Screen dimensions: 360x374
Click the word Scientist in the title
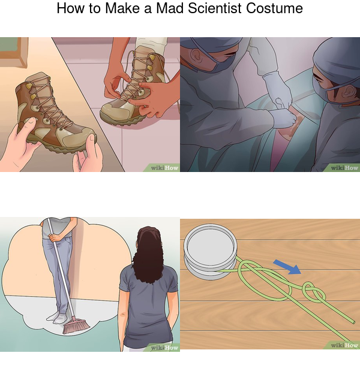coord(215,8)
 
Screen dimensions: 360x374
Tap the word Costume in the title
coord(274,8)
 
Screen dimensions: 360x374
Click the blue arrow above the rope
coord(287,267)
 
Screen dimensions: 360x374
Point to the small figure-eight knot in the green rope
coord(313,292)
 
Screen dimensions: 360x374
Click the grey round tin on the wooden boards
coord(211,251)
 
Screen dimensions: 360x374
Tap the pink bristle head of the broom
coord(76,325)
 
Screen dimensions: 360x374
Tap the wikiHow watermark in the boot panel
coord(164,168)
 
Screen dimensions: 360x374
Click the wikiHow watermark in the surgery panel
coord(344,168)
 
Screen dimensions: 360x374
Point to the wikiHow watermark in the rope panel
coord(344,345)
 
